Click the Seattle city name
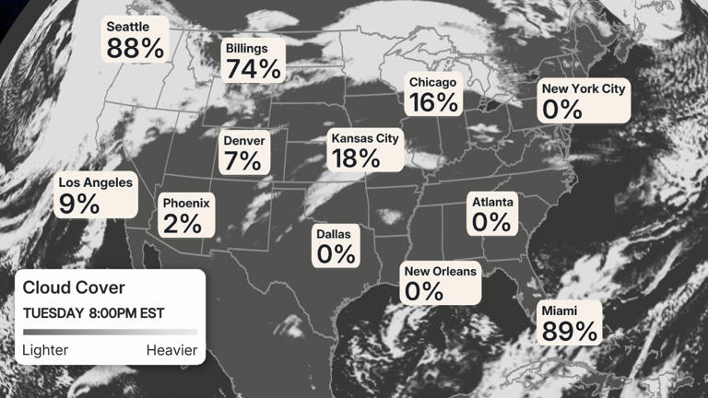pos(128,27)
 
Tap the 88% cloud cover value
pos(135,48)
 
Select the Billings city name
pos(247,48)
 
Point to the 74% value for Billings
pos(254,68)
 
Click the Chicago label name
pos(432,83)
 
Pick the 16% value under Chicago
pos(434,102)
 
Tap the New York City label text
pos(584,89)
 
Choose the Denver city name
pos(244,141)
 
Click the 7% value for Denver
pos(242,161)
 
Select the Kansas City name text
pos(366,138)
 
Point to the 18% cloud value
pos(357,158)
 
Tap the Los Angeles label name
pos(96,182)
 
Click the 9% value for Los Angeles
pos(79,204)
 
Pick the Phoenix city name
pos(187,203)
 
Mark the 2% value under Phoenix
pos(183,223)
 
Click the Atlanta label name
pos(492,202)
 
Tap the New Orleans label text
pos(442,271)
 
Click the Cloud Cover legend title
pos(74,287)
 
